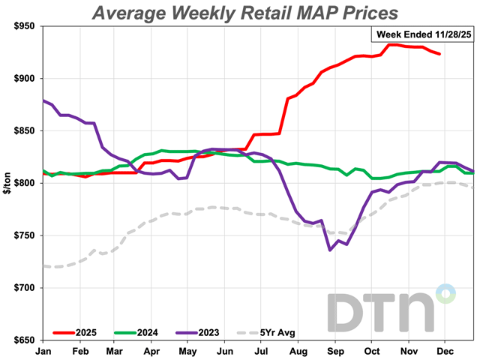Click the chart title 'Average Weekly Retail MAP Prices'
click(245, 13)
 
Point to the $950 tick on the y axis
click(25, 26)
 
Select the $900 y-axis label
click(25, 79)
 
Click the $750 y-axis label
click(25, 235)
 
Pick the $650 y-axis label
click(25, 340)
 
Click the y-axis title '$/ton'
click(8, 183)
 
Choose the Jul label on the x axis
click(262, 350)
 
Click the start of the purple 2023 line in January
click(44, 100)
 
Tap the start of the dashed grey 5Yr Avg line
click(44, 265)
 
